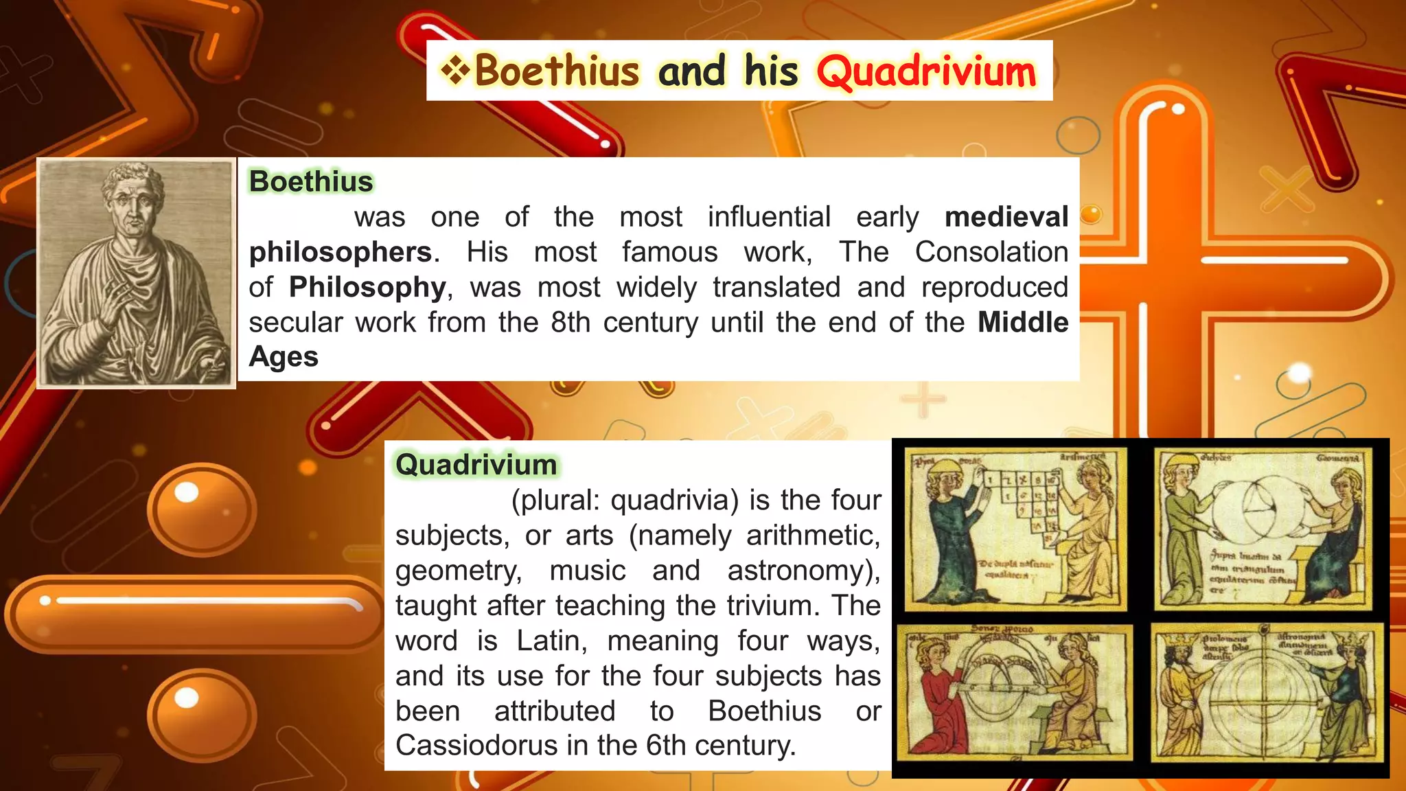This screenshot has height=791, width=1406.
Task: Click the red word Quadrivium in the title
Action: pos(926,72)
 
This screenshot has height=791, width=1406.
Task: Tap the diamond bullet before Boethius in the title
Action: pos(455,70)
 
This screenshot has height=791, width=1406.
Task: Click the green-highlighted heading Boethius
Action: pos(311,181)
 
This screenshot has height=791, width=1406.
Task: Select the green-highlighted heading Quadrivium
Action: pos(476,465)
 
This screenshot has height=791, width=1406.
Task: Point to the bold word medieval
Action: pos(1006,217)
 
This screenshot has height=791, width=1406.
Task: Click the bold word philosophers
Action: pos(341,252)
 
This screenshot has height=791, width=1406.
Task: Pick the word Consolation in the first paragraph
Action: pos(991,252)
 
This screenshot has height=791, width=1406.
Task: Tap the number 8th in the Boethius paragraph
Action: pos(571,322)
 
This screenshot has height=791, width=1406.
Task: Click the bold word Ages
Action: pos(284,357)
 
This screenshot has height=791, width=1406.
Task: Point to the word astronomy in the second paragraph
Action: pos(796,571)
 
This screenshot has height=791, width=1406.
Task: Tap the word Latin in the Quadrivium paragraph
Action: pos(552,641)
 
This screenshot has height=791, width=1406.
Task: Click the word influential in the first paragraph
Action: pos(769,217)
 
